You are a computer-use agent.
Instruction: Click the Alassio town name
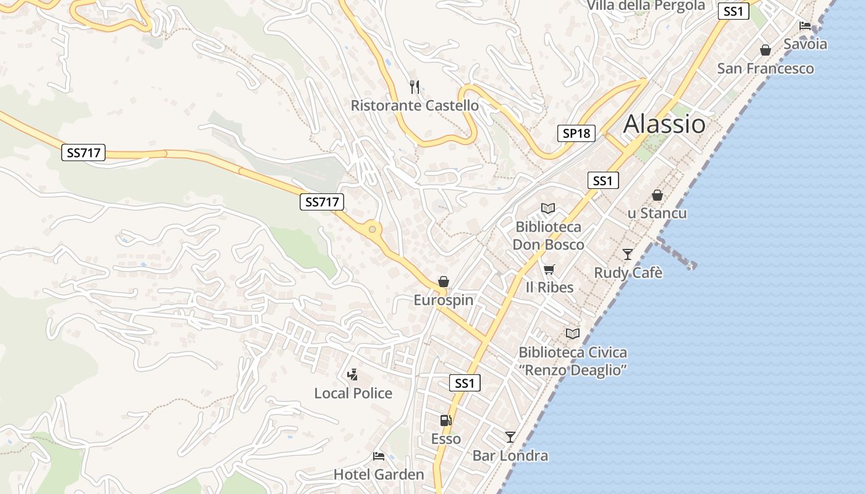[664, 124]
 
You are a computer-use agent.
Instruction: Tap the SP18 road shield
[576, 133]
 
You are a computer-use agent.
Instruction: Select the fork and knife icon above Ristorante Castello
[415, 87]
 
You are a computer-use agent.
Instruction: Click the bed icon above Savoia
[805, 26]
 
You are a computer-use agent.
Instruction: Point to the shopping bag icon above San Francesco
[766, 50]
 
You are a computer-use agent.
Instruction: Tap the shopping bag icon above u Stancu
[657, 195]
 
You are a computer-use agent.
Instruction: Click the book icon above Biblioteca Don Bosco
[548, 209]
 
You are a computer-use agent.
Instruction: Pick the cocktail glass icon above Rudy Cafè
[628, 254]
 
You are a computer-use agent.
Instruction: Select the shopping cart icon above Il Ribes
[549, 269]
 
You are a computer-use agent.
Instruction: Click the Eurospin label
[443, 300]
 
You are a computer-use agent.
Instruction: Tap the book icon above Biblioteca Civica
[573, 333]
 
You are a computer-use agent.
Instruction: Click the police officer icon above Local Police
[353, 374]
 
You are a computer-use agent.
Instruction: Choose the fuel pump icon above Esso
[445, 421]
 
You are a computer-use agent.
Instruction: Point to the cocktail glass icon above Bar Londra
[510, 437]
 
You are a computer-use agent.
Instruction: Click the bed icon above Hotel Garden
[379, 456]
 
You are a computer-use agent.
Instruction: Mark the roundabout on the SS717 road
[372, 230]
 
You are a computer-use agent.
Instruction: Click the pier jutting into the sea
[677, 254]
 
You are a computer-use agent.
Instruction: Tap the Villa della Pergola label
[646, 6]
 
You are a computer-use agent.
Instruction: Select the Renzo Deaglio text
[573, 371]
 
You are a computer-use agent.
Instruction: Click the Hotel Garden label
[379, 474]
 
